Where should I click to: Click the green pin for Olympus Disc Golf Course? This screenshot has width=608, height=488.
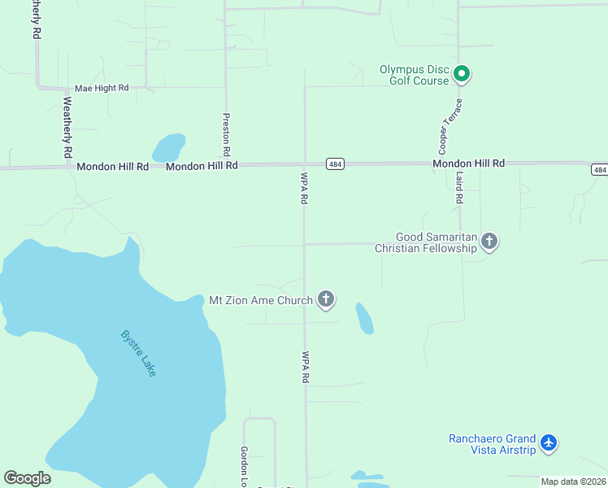[462, 75]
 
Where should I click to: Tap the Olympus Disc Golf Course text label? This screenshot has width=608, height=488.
[415, 75]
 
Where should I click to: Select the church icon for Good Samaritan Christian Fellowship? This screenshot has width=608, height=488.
[489, 241]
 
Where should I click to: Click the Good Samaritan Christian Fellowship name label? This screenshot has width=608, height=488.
[425, 242]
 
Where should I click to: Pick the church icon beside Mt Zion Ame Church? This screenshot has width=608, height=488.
[326, 299]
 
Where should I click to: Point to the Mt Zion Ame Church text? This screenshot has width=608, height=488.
[261, 300]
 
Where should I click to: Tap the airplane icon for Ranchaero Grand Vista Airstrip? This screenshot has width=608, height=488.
[549, 443]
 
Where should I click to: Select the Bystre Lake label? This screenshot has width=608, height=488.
[138, 352]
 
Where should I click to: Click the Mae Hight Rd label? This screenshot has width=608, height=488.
[102, 88]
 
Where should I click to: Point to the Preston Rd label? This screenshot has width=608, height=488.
[227, 134]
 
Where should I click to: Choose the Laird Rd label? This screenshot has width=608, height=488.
[459, 187]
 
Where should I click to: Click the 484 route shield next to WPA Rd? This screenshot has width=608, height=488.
[334, 163]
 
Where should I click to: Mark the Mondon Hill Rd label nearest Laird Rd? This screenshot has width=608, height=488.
[468, 163]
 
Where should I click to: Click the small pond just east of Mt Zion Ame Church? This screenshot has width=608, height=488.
[365, 317]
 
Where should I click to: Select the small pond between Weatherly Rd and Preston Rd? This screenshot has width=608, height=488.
[168, 148]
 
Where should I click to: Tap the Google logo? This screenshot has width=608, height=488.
[27, 478]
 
